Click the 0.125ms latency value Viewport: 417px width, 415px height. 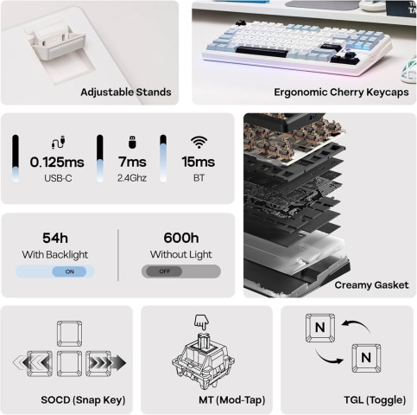click(x=57, y=163)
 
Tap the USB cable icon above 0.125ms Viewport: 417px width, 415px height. click(x=59, y=143)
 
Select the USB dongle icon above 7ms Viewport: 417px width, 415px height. click(x=132, y=142)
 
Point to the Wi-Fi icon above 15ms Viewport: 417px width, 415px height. click(x=199, y=143)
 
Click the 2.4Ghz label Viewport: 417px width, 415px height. click(x=132, y=178)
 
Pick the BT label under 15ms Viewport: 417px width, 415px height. click(x=199, y=178)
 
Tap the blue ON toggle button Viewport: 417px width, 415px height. click(x=69, y=271)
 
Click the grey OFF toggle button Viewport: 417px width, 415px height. click(x=164, y=271)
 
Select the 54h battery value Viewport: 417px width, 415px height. click(x=55, y=239)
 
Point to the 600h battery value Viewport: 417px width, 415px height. click(x=181, y=238)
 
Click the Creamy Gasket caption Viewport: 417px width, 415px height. click(x=371, y=285)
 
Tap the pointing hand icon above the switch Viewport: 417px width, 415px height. click(x=201, y=322)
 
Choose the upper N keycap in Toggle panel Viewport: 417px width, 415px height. click(x=320, y=328)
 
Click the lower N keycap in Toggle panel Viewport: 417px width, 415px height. click(x=366, y=358)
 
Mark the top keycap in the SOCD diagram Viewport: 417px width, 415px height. click(x=69, y=334)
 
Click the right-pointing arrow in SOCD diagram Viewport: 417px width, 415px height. click(x=107, y=363)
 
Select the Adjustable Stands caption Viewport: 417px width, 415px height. click(x=126, y=93)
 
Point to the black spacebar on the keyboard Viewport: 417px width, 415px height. click(x=262, y=52)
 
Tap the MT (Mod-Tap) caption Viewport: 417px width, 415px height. click(x=232, y=400)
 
